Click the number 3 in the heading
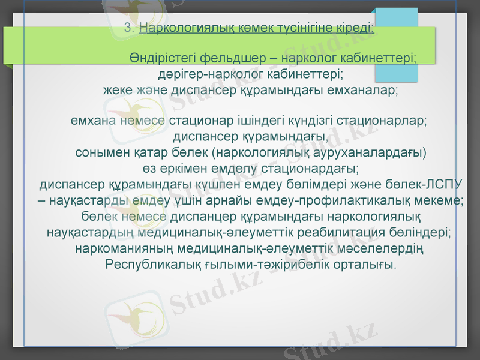tap(127, 28)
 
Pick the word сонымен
tap(100, 152)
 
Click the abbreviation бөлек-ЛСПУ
tap(425, 183)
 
